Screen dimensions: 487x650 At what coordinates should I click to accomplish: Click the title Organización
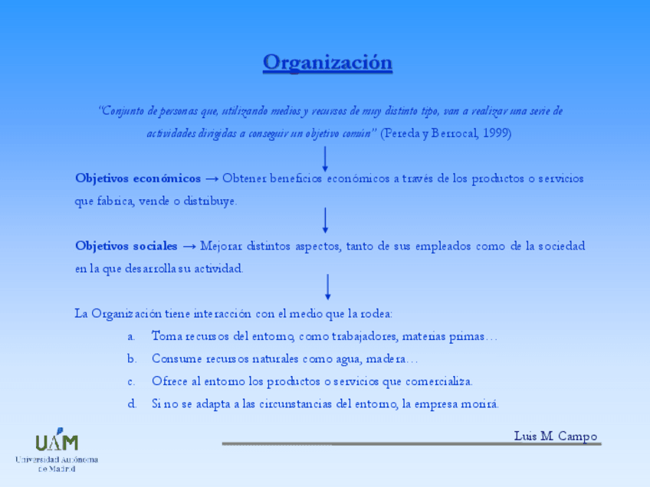(327, 63)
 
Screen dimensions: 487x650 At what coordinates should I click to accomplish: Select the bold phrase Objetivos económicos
(138, 178)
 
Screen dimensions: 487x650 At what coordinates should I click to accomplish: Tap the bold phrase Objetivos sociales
(126, 246)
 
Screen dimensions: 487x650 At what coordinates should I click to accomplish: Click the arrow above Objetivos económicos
(325, 158)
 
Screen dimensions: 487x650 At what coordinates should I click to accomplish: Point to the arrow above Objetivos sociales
(326, 220)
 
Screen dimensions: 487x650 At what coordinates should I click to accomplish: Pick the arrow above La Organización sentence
(328, 286)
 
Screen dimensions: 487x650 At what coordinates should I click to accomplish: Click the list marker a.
(131, 336)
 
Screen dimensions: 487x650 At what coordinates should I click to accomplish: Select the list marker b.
(132, 358)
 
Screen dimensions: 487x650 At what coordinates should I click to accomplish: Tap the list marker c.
(131, 381)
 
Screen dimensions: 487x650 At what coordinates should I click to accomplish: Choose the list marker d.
(132, 404)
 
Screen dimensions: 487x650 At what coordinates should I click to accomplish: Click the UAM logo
(57, 442)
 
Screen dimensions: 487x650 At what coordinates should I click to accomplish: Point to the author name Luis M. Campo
(555, 436)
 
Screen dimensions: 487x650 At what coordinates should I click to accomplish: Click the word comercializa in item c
(441, 381)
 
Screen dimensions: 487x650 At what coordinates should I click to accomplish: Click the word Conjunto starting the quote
(123, 111)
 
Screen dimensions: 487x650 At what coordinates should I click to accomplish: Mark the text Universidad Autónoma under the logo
(57, 459)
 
